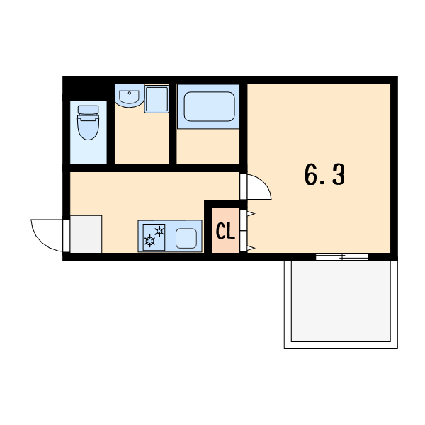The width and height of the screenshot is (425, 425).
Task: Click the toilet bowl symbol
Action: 88,127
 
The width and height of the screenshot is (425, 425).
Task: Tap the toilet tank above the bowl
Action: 88,110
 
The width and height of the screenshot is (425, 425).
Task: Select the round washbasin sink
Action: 130,96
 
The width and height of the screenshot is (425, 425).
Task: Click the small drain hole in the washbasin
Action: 130,93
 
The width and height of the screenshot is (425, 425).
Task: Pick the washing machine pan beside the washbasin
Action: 157,99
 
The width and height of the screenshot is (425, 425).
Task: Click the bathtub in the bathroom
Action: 209,106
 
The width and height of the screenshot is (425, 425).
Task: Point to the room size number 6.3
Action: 324,174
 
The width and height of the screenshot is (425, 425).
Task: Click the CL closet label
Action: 225,231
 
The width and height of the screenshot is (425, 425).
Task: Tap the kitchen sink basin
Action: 186,238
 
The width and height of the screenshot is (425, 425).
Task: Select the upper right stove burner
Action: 159,231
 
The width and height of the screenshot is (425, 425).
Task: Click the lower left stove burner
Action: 149,241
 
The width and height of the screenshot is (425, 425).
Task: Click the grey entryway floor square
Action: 86,234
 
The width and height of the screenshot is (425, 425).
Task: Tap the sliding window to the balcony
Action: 342,256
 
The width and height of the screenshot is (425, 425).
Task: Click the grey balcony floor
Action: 341,301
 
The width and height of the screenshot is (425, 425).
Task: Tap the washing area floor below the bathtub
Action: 208,147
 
